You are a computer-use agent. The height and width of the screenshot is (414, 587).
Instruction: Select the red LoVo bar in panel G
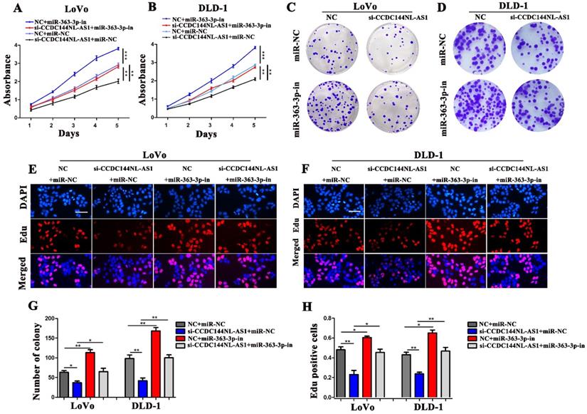90,365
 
